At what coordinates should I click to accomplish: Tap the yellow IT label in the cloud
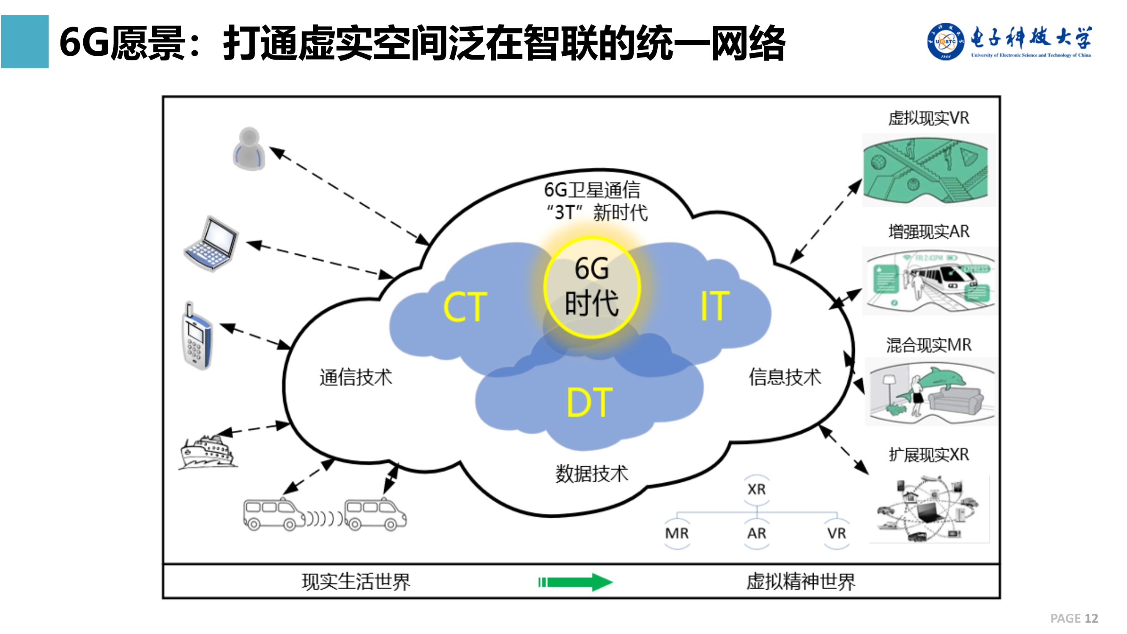coord(714,306)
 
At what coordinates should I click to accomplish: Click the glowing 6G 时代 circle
coord(591,287)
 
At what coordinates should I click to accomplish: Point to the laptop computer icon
coord(211,244)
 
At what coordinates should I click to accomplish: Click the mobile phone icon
coord(197,336)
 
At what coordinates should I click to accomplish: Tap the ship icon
coord(208,452)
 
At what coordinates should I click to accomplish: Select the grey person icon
coord(249,149)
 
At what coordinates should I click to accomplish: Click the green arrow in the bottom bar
coord(575,582)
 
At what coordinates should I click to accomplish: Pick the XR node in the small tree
coord(756,489)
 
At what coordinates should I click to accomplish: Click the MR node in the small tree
coord(676,533)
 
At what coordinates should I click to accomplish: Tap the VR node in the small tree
coord(836,533)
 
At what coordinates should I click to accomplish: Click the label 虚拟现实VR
coord(928,118)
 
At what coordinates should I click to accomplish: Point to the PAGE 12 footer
coord(1074,618)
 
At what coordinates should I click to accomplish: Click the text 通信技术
coord(356,377)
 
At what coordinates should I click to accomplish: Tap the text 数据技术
coord(591,474)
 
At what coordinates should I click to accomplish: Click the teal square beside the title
coord(25,41)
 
